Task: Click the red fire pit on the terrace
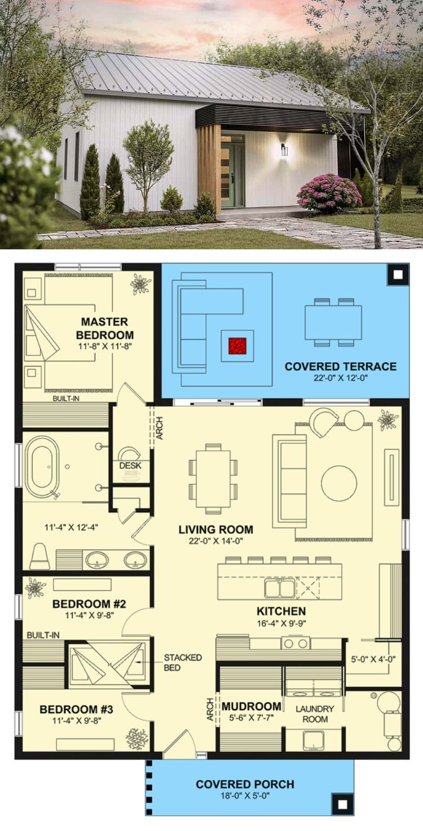tap(237, 346)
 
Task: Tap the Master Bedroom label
tap(104, 328)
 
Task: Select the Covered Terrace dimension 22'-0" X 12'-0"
tap(341, 377)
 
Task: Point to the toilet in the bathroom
tap(39, 556)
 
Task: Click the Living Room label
tap(216, 529)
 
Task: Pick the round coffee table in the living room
tap(339, 483)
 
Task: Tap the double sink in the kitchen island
tap(280, 588)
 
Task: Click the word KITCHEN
tap(281, 611)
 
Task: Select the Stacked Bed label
tap(183, 662)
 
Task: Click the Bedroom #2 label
tap(89, 604)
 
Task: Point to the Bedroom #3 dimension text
tap(77, 720)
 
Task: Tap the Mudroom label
tap(252, 706)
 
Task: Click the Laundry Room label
tap(315, 714)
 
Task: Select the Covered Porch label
tap(245, 784)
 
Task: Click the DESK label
tap(130, 465)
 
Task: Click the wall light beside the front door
tap(284, 150)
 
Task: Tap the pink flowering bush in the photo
tap(328, 192)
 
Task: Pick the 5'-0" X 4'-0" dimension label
tap(373, 659)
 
